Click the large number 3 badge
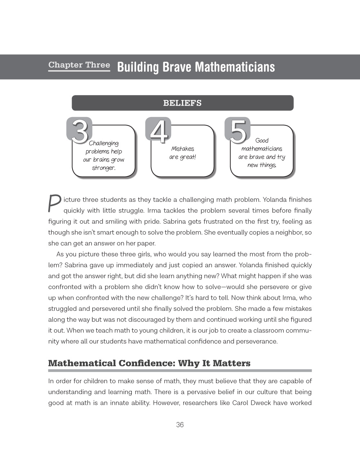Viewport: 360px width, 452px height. (79, 130)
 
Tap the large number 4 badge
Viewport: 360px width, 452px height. (158, 130)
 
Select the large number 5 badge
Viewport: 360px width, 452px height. (238, 130)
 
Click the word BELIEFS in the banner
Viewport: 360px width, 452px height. (183, 103)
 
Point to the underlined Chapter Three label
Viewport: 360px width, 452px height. (79, 65)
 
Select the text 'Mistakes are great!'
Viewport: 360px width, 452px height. (183, 153)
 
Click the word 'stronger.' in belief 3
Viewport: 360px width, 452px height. (104, 168)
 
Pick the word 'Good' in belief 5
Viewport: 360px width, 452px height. (262, 140)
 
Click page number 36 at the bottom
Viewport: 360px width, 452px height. (180, 425)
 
